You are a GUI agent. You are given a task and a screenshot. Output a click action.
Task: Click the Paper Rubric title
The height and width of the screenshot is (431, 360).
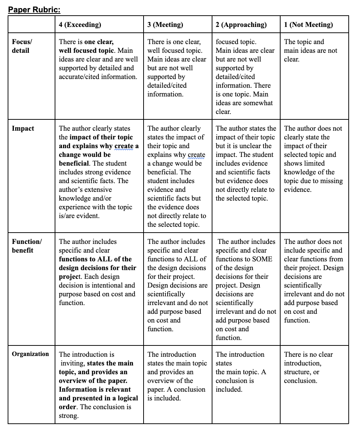[x=34, y=9]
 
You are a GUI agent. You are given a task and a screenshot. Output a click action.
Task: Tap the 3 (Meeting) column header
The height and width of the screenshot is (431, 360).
[x=165, y=25]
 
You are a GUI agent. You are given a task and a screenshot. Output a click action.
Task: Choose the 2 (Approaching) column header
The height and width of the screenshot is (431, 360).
[x=241, y=25]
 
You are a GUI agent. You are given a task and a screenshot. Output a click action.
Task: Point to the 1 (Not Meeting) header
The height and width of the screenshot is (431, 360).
[x=308, y=25]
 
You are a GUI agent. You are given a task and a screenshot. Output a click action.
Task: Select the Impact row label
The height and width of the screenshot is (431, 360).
[x=23, y=128]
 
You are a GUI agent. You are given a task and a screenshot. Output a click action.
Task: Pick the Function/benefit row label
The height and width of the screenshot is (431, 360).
[x=27, y=246]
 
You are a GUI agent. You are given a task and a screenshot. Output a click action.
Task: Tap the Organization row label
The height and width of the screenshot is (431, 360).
[x=30, y=354]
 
